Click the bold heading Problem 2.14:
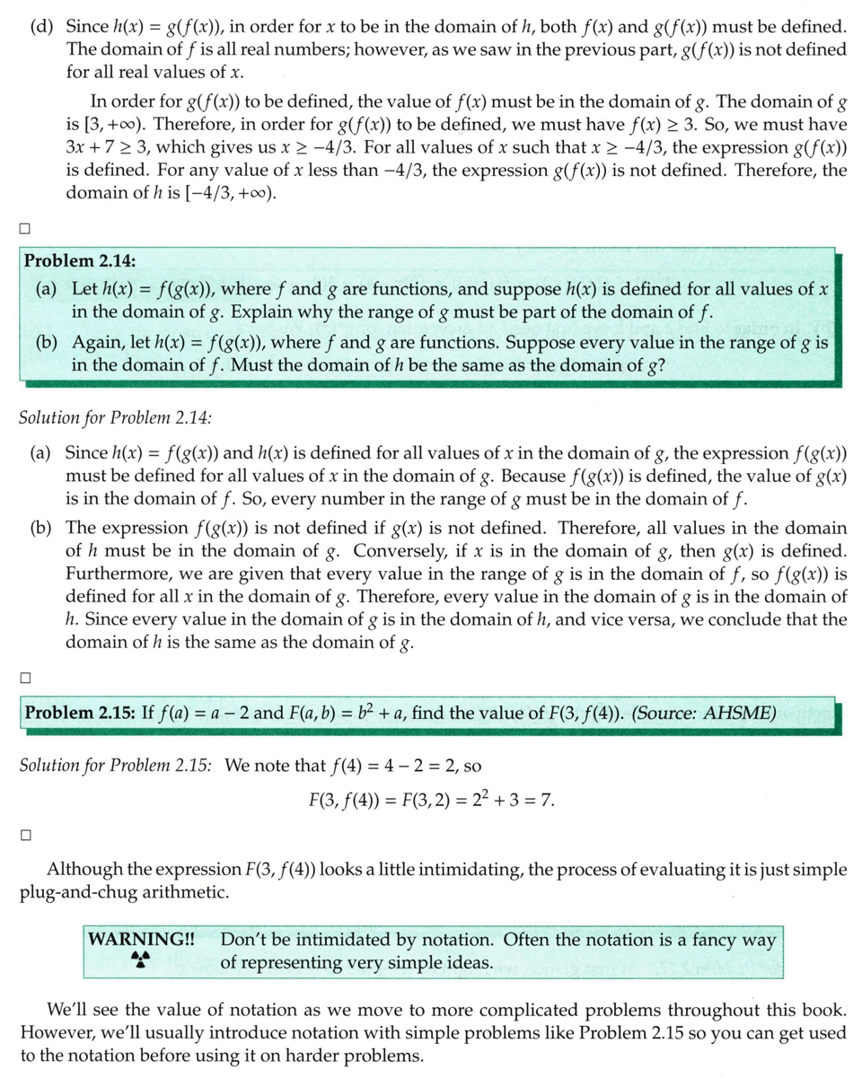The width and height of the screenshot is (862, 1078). [x=80, y=261]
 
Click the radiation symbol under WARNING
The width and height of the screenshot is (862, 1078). [x=139, y=961]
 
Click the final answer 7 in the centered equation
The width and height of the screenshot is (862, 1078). [x=549, y=798]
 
